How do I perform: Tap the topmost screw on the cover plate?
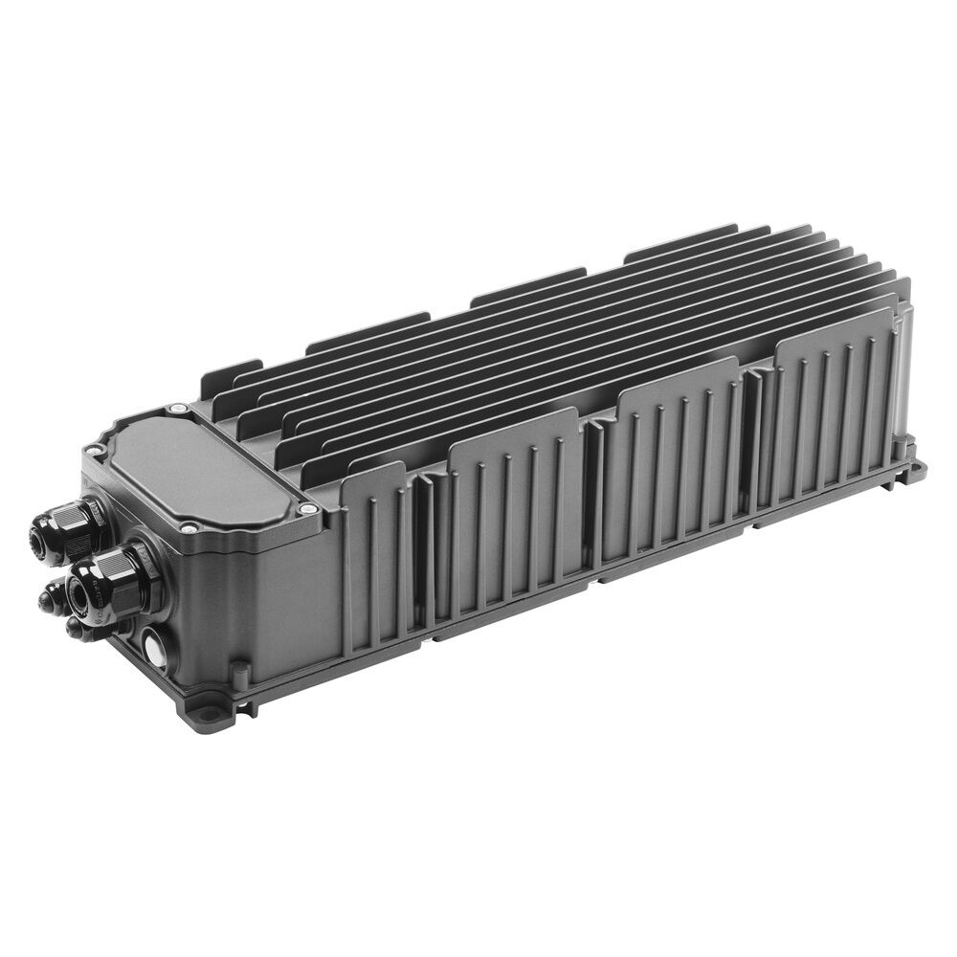(x=176, y=410)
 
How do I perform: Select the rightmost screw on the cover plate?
(x=307, y=509)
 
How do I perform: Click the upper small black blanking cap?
(x=45, y=600)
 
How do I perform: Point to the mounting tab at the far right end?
(x=916, y=468)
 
